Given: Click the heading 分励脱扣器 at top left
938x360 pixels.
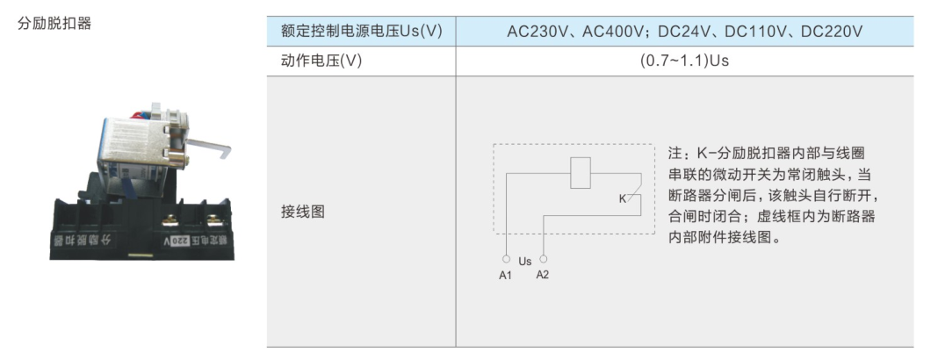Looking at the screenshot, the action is (x=54, y=24).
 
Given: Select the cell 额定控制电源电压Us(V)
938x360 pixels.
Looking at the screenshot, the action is (x=361, y=31).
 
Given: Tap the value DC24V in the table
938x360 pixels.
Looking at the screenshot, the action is (x=682, y=31).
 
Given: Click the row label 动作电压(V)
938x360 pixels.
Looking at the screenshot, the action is (x=321, y=61).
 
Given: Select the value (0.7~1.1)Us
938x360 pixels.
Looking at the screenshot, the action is (x=684, y=61).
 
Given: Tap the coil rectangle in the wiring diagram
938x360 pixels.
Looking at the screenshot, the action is (x=581, y=173).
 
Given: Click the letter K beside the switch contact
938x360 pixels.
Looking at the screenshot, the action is (x=622, y=198).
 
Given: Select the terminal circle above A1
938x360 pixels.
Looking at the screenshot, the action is (x=506, y=259).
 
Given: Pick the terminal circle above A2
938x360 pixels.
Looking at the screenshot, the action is (x=543, y=259).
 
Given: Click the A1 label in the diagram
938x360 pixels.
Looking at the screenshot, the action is (x=506, y=276).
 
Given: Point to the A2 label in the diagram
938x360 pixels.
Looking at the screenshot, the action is (x=543, y=275).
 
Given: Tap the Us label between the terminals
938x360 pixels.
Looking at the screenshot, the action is (x=524, y=262).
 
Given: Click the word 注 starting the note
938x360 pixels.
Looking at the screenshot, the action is (x=675, y=154).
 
